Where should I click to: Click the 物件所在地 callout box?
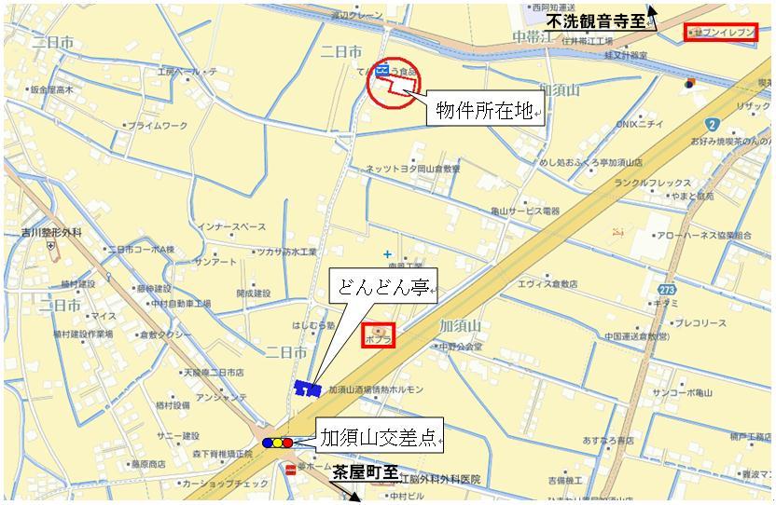point(486,112)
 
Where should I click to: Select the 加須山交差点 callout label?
point(379,438)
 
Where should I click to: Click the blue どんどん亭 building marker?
point(307,388)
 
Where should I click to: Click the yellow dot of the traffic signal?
point(278,443)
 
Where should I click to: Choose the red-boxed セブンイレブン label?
point(719,33)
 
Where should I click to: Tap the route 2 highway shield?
point(711,124)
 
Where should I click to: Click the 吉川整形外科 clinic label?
point(52,231)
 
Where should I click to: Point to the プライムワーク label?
point(157,126)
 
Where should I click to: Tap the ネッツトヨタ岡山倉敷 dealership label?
point(413,169)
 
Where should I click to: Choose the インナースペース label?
point(231,226)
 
